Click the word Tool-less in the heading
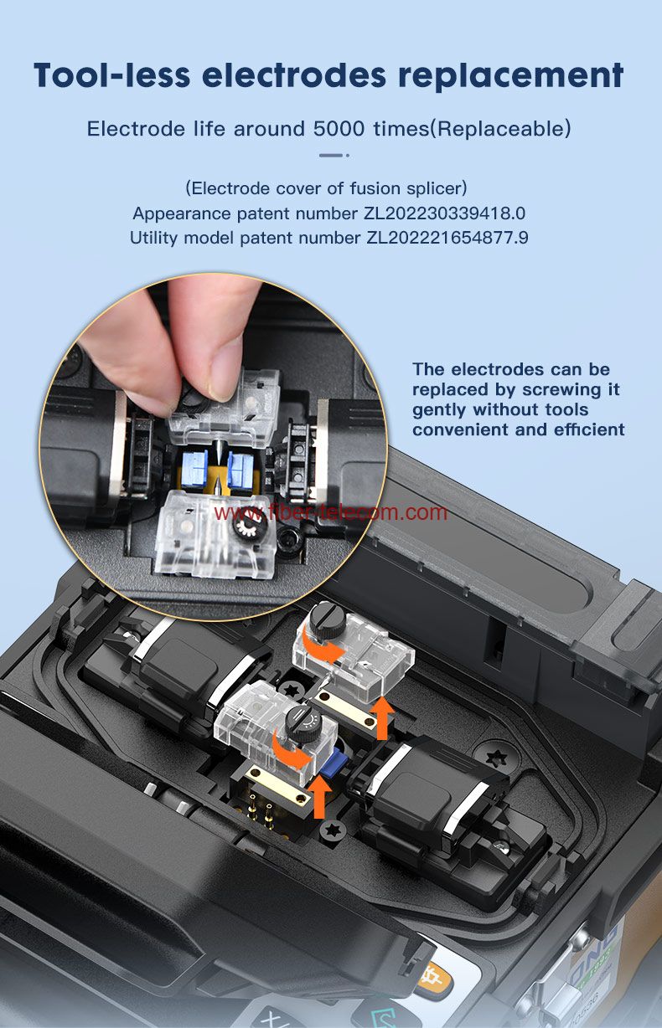point(111,75)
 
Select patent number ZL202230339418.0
point(444,213)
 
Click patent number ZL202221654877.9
point(447,238)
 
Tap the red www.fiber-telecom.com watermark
point(331,512)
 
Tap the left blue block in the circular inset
point(194,469)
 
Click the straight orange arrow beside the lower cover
point(320,798)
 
